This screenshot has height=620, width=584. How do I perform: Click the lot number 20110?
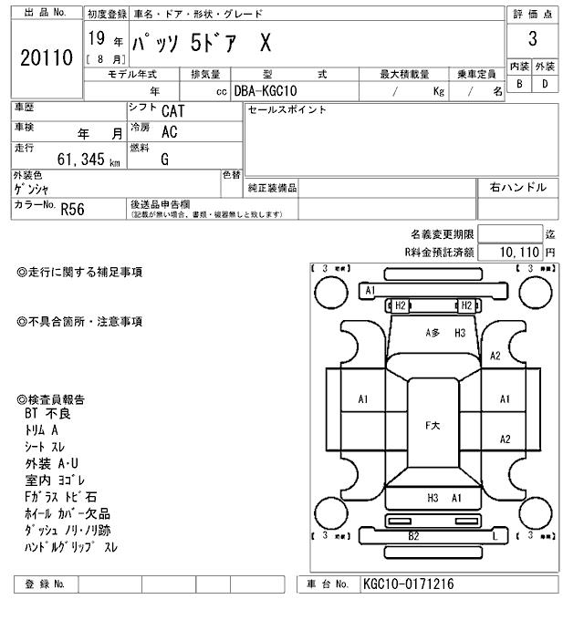pyautogui.click(x=46, y=59)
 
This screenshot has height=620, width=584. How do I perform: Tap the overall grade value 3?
pyautogui.click(x=533, y=40)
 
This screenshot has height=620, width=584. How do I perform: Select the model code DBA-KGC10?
pyautogui.click(x=265, y=91)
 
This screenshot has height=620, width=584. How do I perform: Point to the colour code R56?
pyautogui.click(x=72, y=209)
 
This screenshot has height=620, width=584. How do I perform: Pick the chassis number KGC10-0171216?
pyautogui.click(x=408, y=584)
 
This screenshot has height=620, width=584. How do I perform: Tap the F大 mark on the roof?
pyautogui.click(x=433, y=426)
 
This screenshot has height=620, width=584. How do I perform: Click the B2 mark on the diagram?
pyautogui.click(x=413, y=535)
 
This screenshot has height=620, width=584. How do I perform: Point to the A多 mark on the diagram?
pyautogui.click(x=433, y=334)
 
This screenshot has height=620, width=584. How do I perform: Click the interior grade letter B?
pyautogui.click(x=519, y=84)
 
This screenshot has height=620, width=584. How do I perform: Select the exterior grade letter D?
pyautogui.click(x=545, y=84)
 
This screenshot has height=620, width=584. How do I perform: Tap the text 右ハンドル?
pyautogui.click(x=517, y=188)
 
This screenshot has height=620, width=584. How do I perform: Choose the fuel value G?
pyautogui.click(x=164, y=160)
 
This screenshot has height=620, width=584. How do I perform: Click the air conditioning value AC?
pyautogui.click(x=169, y=131)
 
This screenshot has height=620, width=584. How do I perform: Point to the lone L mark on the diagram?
pyautogui.click(x=494, y=536)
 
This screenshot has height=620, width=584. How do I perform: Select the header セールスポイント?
pyautogui.click(x=287, y=110)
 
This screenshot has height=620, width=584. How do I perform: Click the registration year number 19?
pyautogui.click(x=96, y=39)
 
